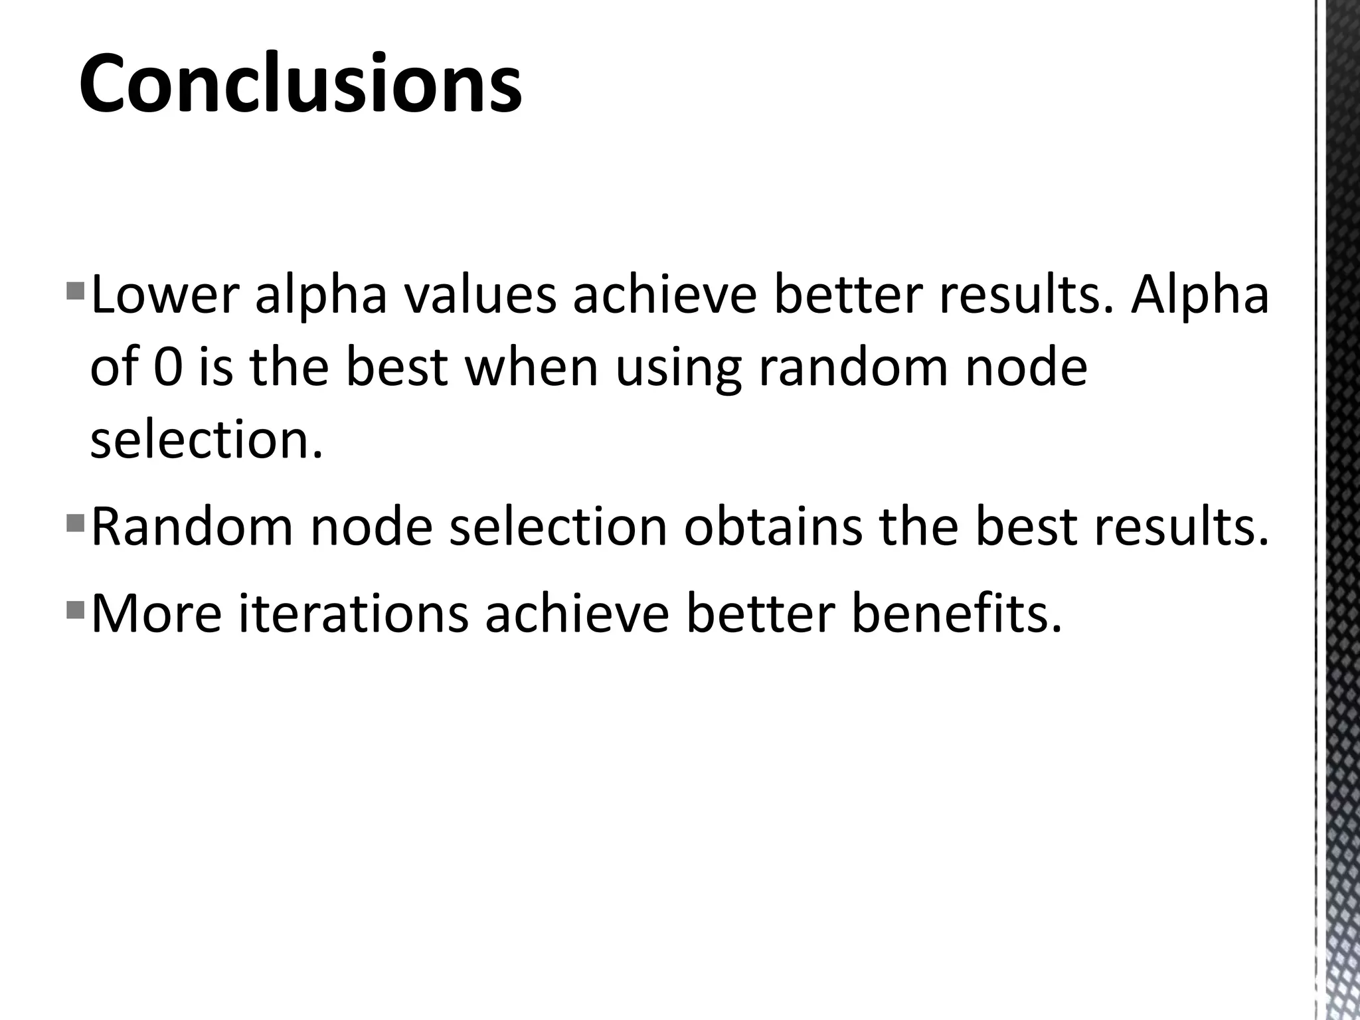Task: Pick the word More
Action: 156,614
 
